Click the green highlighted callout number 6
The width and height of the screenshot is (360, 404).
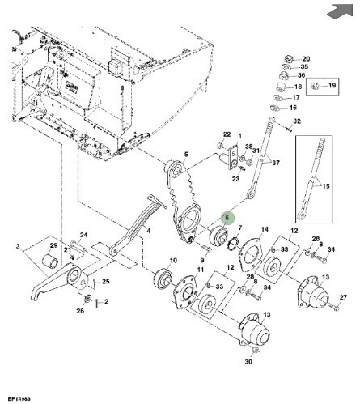227,218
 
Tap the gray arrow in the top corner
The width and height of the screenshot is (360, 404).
341,11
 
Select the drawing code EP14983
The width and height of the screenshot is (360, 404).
19,398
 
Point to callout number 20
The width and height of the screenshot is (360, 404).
306,59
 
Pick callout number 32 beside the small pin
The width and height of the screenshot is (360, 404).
297,121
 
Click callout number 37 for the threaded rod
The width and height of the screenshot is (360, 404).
276,163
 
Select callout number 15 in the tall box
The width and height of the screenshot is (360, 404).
326,186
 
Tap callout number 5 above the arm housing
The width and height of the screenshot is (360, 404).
186,155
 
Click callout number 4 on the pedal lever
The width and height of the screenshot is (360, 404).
149,231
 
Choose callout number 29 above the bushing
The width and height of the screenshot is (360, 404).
54,245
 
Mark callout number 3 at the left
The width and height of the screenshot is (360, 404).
18,246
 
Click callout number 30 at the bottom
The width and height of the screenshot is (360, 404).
248,361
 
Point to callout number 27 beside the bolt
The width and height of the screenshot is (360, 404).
343,297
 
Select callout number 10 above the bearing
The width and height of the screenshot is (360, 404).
173,261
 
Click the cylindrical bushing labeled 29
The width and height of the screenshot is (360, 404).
50,261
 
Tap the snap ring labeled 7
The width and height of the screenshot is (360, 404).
233,243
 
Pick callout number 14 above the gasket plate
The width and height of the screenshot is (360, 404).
265,229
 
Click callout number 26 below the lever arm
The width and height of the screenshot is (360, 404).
80,311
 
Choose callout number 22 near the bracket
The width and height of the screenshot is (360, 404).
227,134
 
